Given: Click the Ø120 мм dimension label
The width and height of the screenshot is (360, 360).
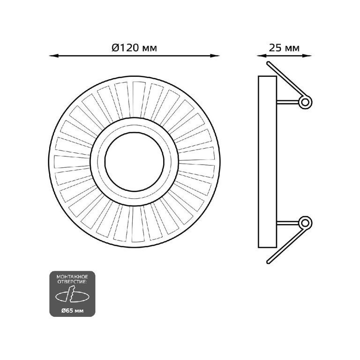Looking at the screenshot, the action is (x=135, y=48).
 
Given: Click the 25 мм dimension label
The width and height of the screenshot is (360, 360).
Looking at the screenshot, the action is (x=284, y=48).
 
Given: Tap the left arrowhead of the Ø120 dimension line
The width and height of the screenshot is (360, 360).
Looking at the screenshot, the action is (x=54, y=56).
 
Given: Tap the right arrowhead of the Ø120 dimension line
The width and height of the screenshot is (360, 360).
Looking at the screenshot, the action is (x=215, y=56).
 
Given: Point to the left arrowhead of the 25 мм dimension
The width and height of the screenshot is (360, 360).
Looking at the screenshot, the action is (x=261, y=56).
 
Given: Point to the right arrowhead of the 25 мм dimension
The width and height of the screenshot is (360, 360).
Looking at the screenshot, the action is (x=307, y=56).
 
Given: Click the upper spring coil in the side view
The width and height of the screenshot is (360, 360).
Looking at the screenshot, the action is (x=305, y=102).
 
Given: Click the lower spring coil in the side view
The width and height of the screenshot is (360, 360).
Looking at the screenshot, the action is (x=305, y=223).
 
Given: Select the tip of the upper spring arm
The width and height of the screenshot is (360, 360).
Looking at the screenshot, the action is (x=268, y=63).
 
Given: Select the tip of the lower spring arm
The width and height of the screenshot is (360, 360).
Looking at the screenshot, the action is (x=268, y=262).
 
